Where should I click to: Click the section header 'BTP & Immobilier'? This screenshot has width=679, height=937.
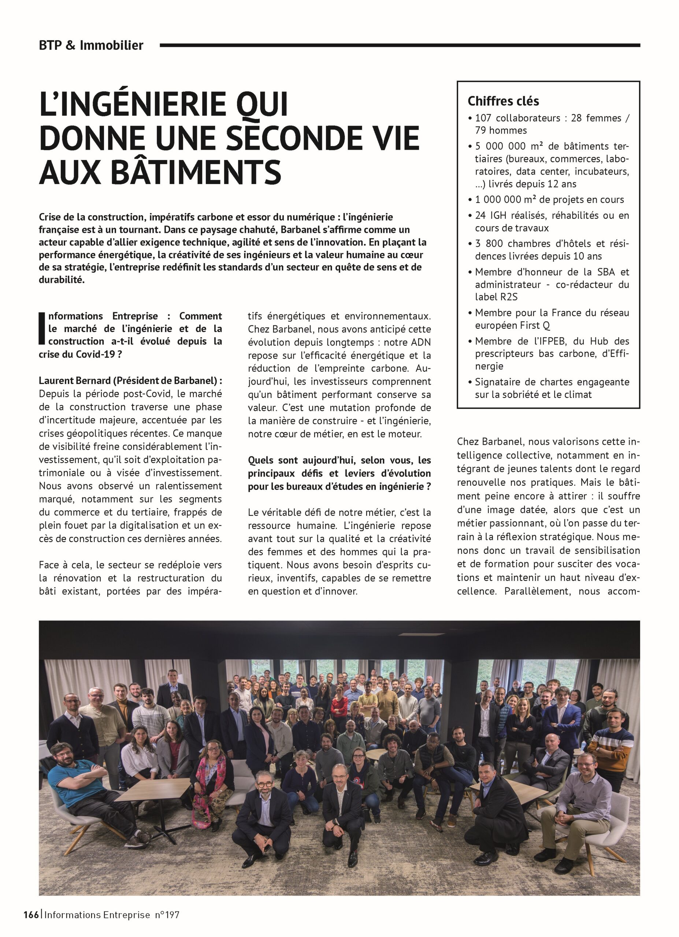tap(91, 45)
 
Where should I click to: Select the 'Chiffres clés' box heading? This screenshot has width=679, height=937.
tap(503, 101)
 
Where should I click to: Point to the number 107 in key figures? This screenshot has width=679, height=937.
tap(483, 118)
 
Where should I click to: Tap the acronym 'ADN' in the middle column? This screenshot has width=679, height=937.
tap(421, 343)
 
